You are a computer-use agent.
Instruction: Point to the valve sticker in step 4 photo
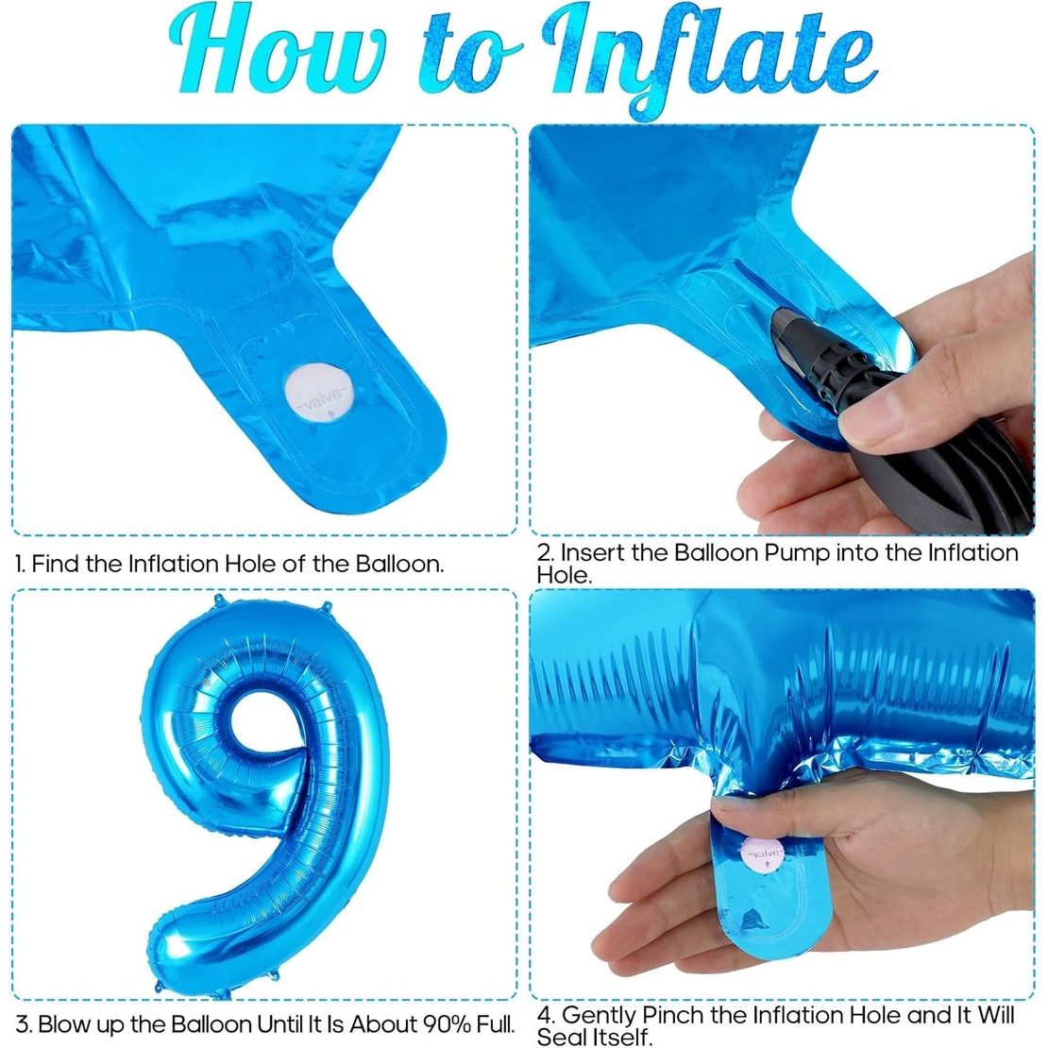click(x=764, y=854)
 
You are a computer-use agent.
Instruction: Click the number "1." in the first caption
click(x=20, y=565)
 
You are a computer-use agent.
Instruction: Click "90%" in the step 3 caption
click(x=425, y=1023)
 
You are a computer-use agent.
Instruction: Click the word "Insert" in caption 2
click(x=592, y=552)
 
